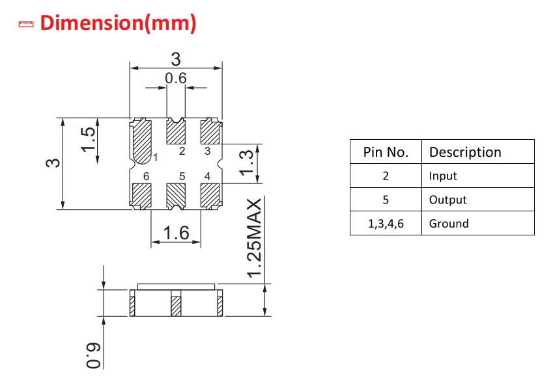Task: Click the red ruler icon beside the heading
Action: coord(26,24)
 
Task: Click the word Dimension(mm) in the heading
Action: coord(118,23)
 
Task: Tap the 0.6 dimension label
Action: coord(176,78)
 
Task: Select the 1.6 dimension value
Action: coord(176,233)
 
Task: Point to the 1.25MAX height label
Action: coord(255,239)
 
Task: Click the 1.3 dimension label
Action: coord(246,163)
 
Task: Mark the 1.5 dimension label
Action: coord(88,139)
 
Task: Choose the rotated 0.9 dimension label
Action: coord(94,355)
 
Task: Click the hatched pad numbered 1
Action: coord(142,141)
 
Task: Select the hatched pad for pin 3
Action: coord(210,131)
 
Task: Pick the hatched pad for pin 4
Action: coord(210,196)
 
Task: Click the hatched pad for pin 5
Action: coord(176,196)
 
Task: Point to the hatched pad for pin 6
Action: coord(141,196)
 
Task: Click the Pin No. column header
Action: coord(386,152)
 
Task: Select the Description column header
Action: coord(465,152)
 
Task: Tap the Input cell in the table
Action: coord(443,176)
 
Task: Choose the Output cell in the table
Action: coord(447,200)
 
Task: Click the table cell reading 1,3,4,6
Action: coord(386,224)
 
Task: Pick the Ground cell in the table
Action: coord(449,224)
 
